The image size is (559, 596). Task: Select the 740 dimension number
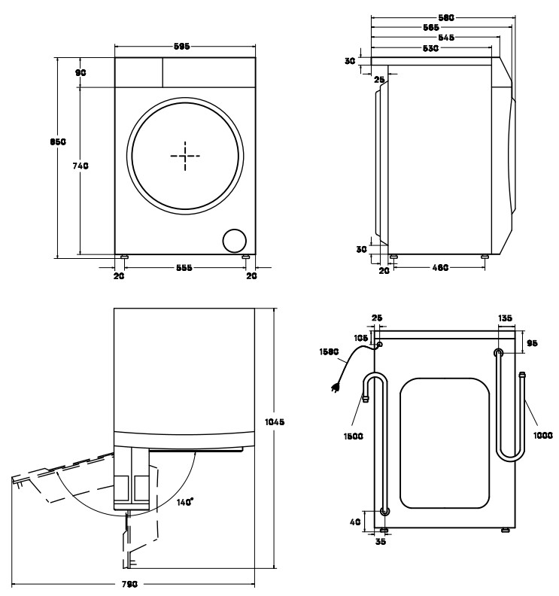[81, 166]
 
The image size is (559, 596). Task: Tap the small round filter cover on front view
[234, 240]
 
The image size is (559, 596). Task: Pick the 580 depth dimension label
[446, 16]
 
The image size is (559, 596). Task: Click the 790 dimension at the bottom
[132, 585]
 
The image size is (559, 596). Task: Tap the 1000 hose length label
[543, 434]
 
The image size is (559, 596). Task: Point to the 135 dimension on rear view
[506, 319]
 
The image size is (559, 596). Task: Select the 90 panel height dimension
[81, 72]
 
